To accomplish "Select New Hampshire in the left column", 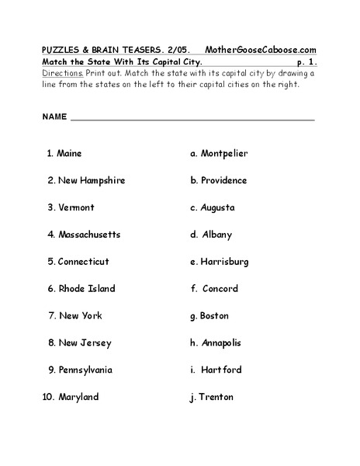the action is (91, 180).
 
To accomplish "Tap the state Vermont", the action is (76, 207).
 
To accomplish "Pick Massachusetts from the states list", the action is (88, 235).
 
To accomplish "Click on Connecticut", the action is (83, 262).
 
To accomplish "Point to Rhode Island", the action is (86, 289).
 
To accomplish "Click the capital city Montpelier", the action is (224, 154).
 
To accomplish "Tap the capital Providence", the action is (223, 180).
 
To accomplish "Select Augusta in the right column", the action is (217, 207).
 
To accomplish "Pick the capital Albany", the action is (216, 235).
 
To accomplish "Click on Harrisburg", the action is (224, 262).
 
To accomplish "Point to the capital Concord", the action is (220, 289).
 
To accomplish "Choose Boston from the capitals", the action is (214, 316).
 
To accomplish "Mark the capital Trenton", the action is (216, 397).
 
